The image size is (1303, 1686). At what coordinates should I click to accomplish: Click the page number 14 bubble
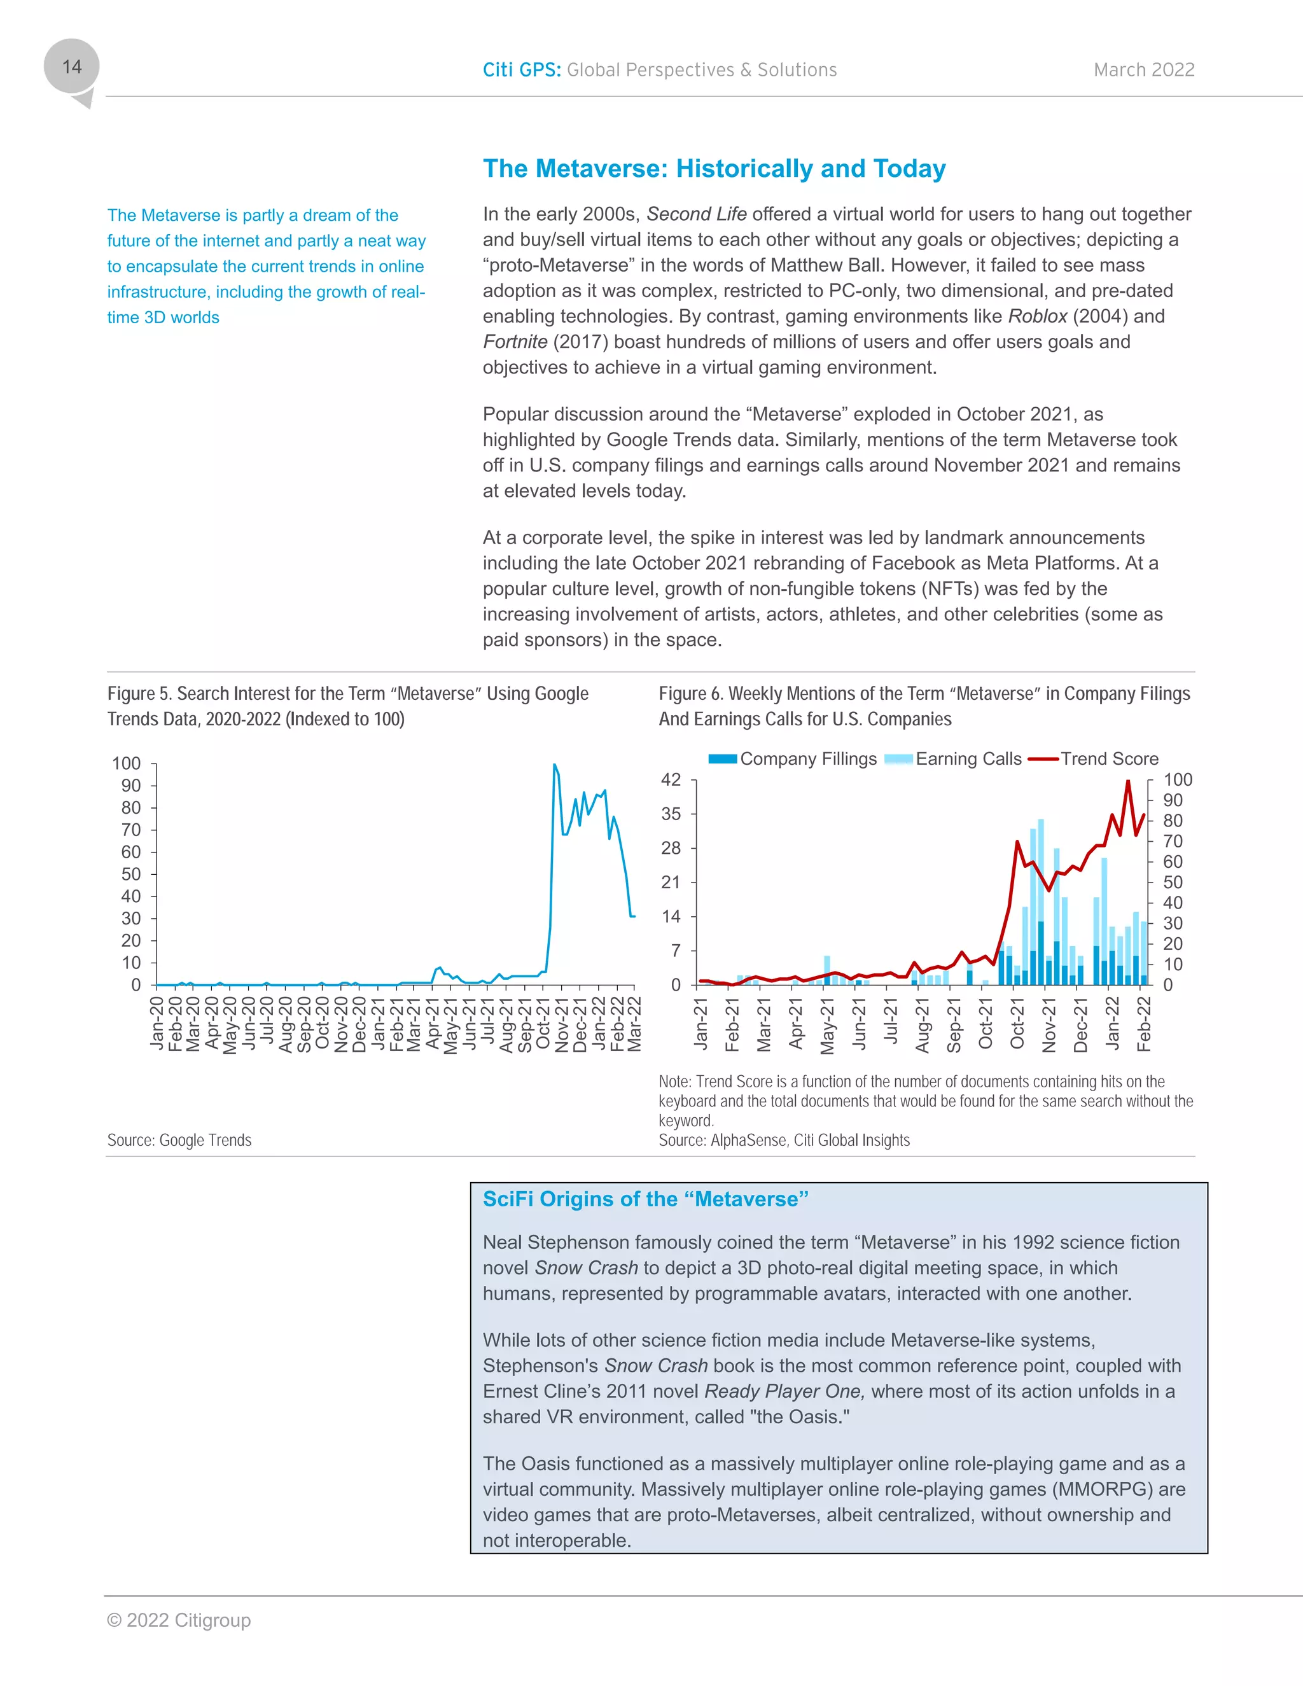(72, 67)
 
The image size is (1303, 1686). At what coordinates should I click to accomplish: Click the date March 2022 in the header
(1143, 70)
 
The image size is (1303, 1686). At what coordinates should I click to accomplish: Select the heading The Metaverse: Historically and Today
(714, 169)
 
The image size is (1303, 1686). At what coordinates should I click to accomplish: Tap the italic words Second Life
(696, 214)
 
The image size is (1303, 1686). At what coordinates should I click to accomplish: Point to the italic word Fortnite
(515, 342)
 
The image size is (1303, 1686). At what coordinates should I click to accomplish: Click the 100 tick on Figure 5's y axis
(127, 763)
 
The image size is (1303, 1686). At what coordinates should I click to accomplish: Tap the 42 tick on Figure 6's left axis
(671, 780)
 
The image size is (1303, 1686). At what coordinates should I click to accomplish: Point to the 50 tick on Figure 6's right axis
(1173, 882)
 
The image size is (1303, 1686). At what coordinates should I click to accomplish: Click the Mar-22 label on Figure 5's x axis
(634, 1024)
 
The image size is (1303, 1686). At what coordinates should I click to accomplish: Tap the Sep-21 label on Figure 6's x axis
(954, 1025)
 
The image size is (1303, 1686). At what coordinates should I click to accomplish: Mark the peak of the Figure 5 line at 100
(554, 765)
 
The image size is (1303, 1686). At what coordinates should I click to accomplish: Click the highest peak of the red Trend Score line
(1128, 781)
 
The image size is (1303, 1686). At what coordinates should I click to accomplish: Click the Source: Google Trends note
(179, 1140)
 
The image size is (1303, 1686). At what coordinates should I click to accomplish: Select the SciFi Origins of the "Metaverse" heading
(645, 1199)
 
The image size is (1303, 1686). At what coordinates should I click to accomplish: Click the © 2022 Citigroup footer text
(179, 1620)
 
